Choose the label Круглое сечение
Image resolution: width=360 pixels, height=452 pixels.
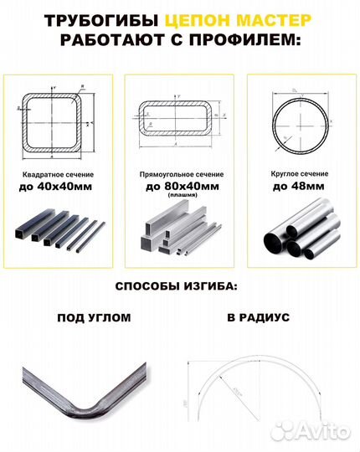[299, 173]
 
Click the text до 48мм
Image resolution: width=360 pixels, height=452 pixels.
[299, 186]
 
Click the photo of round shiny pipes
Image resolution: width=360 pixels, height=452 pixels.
[299, 232]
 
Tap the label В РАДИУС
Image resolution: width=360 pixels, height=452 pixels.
[257, 318]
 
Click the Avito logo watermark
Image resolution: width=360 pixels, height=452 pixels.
[321, 431]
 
